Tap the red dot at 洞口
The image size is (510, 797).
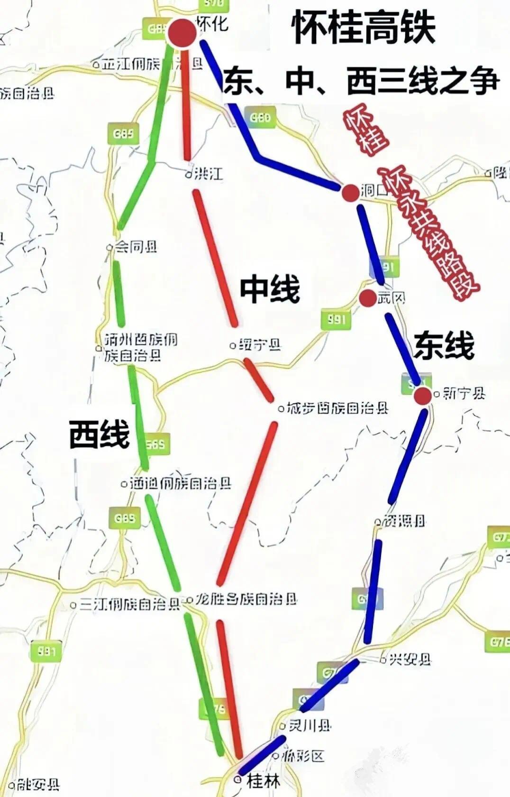click(x=351, y=193)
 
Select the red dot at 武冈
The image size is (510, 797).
click(x=367, y=298)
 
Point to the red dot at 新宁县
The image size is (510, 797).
click(x=422, y=395)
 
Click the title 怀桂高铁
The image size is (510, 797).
click(x=364, y=28)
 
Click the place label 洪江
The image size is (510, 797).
click(x=207, y=174)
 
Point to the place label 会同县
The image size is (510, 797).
click(x=136, y=247)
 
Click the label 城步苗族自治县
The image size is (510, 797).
click(x=337, y=408)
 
